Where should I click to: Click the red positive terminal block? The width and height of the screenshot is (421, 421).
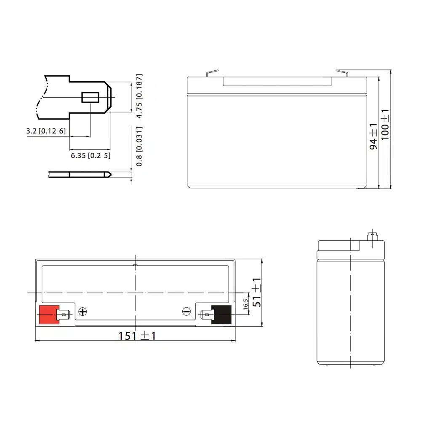click(x=48, y=314)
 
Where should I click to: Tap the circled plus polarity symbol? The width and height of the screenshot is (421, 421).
click(x=83, y=312)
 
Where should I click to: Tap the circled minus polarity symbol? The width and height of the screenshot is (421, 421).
click(x=187, y=312)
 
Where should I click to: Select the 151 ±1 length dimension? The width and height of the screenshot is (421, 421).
click(x=137, y=336)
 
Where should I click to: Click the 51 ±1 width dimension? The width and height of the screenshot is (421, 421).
click(x=256, y=292)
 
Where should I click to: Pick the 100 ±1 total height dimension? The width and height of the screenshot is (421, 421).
click(x=384, y=124)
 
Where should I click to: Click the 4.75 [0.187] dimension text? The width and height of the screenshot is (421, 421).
click(x=139, y=96)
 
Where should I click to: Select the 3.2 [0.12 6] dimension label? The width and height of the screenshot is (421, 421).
click(x=46, y=131)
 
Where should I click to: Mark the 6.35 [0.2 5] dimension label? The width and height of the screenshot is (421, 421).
click(x=90, y=155)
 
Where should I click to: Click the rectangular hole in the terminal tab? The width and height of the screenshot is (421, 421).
click(x=90, y=97)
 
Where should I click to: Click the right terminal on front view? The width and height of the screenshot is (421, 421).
click(x=342, y=73)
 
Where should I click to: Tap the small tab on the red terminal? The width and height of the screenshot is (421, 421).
click(x=63, y=314)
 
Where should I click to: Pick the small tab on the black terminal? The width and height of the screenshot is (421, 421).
click(x=206, y=314)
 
